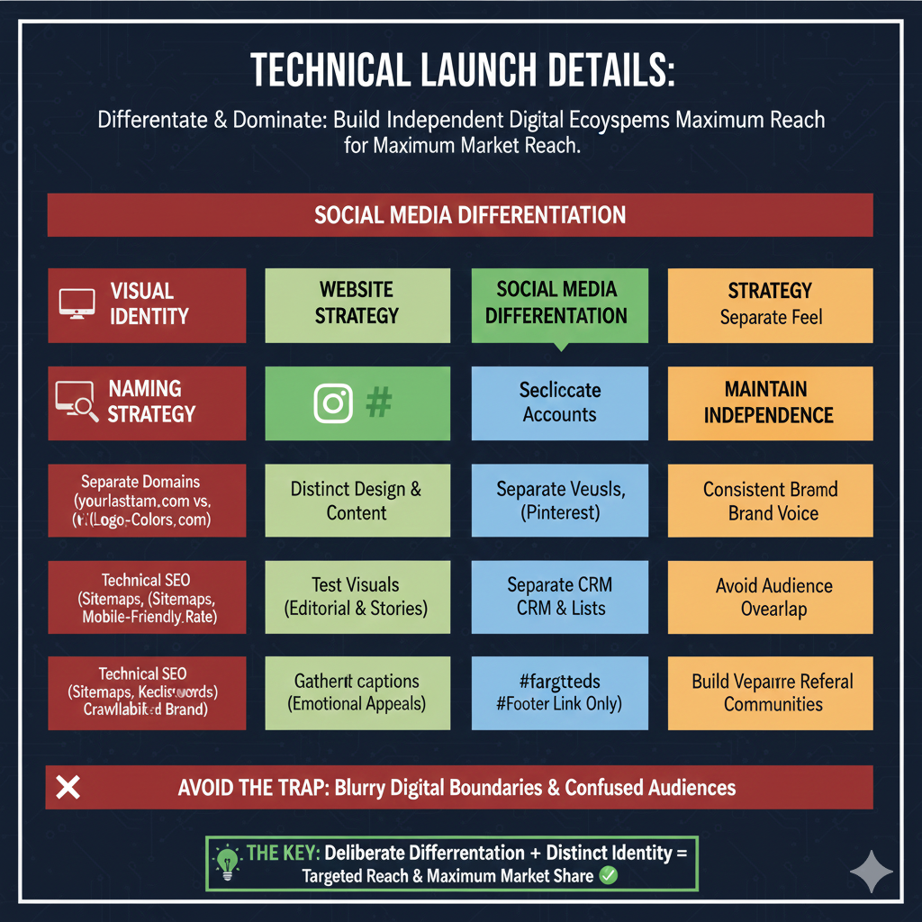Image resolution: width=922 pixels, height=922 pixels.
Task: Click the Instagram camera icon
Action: click(332, 402)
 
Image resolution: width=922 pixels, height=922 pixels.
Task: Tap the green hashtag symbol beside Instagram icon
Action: click(378, 402)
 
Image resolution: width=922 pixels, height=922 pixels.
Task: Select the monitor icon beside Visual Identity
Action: click(77, 303)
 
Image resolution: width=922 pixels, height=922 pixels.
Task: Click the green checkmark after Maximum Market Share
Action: click(609, 875)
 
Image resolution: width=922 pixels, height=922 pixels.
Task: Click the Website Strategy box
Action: click(357, 304)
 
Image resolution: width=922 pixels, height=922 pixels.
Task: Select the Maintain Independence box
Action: click(769, 402)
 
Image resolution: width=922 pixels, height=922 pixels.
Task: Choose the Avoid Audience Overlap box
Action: click(769, 597)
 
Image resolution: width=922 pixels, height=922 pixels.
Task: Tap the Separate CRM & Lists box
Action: click(559, 597)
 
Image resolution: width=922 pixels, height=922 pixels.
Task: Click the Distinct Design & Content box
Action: click(357, 501)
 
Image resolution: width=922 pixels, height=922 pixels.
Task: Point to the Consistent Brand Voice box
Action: click(769, 501)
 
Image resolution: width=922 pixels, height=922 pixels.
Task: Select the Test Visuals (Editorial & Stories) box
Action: click(357, 597)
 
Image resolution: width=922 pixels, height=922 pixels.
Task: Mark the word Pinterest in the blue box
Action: click(560, 513)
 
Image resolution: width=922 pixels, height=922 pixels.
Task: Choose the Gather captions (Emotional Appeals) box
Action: click(357, 692)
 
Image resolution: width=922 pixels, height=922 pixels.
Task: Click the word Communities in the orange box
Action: click(773, 704)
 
